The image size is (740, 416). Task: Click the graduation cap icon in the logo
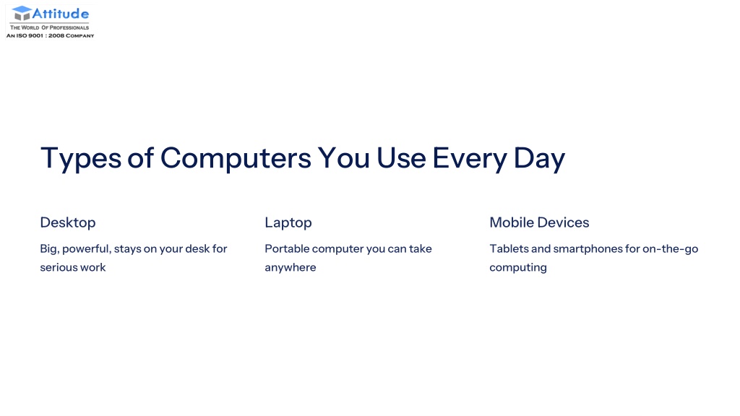pos(22,13)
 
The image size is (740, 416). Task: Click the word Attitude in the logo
pos(61,14)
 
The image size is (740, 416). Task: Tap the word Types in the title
pos(81,158)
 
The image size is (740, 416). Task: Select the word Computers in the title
pos(236,158)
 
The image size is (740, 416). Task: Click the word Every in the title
pos(470,158)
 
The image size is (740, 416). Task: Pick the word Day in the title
pos(539,158)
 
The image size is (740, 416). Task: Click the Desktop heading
pos(68,222)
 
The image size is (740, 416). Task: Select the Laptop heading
pos(288,222)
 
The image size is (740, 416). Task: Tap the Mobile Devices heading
pos(539,222)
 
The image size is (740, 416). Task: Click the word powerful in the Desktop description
pos(87,249)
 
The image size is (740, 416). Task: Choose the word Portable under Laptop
pos(287,248)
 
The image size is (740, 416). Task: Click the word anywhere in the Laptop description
pos(291,268)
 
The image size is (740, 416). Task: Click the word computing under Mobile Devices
pos(518,268)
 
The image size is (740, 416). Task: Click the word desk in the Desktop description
pos(197,248)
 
